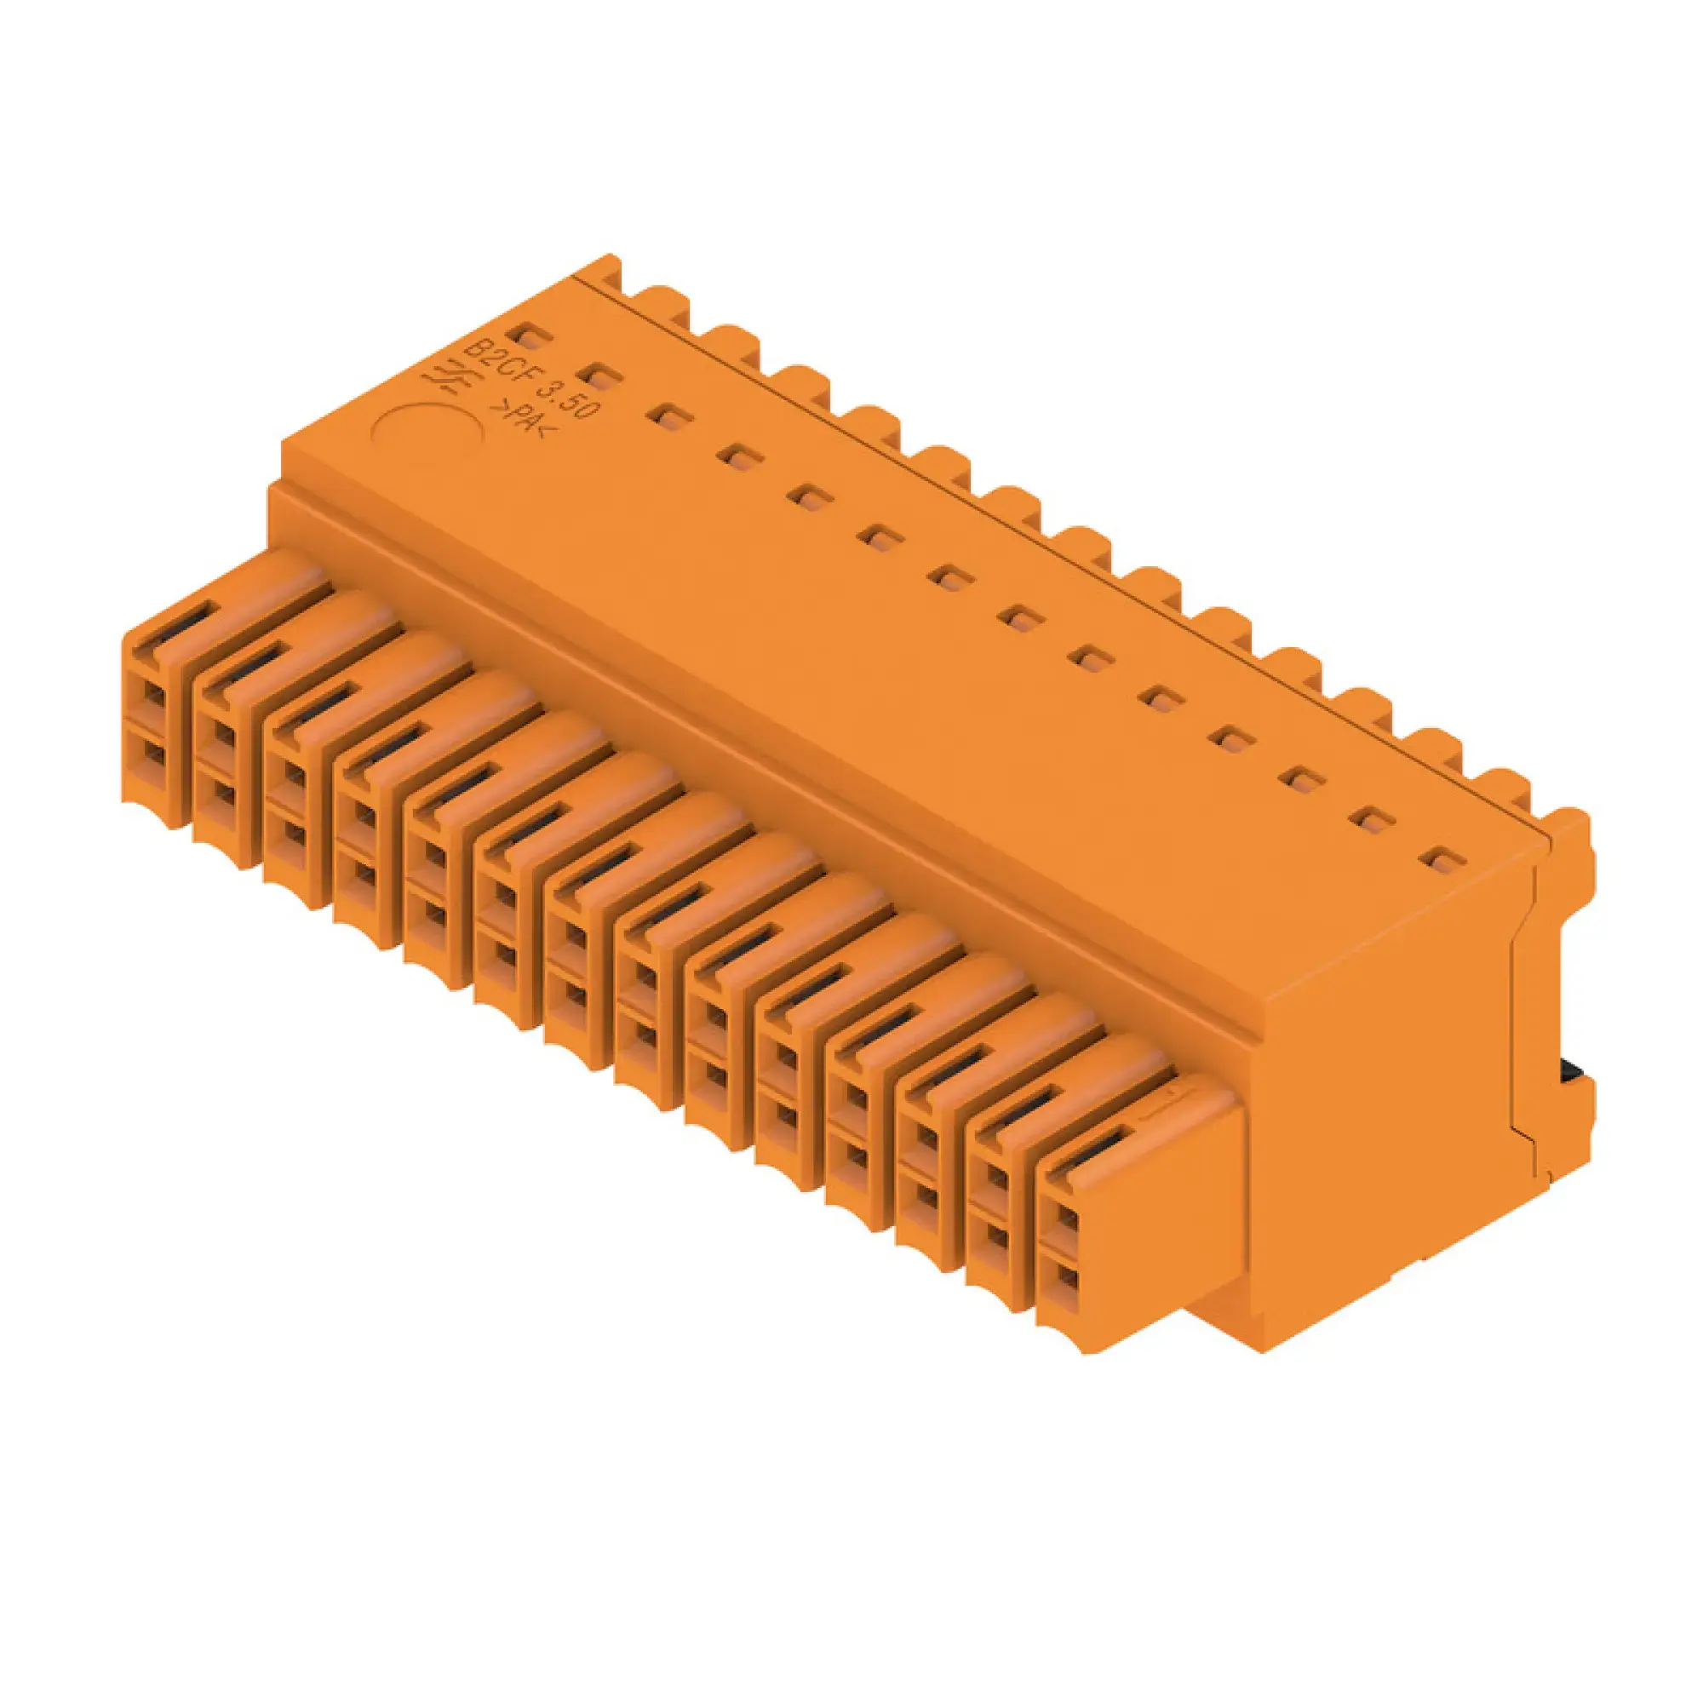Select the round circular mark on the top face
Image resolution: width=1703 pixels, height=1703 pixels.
point(426,433)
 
